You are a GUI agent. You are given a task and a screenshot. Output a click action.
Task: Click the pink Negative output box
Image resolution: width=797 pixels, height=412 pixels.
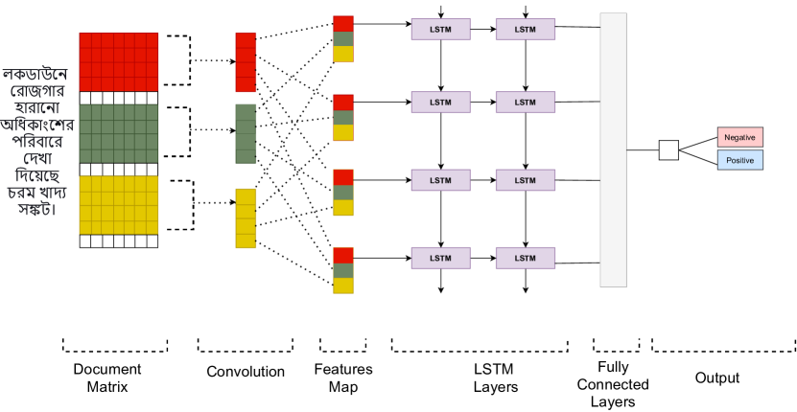click(739, 138)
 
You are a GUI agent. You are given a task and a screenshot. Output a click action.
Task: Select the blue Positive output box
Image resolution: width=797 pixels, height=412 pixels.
click(739, 160)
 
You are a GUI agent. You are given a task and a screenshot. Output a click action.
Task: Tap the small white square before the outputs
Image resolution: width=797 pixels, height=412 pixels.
click(668, 149)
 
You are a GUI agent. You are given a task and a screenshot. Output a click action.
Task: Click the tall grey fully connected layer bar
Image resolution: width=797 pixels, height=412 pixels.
click(614, 149)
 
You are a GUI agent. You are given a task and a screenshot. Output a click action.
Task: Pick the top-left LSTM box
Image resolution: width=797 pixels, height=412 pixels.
click(440, 30)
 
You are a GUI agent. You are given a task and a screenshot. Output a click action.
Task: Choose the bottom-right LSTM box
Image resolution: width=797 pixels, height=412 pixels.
click(526, 258)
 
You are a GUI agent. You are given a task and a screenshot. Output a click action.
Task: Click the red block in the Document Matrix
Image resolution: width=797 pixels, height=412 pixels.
click(118, 61)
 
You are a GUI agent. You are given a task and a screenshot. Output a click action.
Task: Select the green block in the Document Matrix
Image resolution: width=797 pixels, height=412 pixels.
click(118, 133)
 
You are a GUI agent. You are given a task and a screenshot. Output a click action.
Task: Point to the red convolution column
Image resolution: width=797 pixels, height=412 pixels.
click(246, 63)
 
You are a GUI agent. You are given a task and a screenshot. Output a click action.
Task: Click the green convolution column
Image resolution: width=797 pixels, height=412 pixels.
click(246, 133)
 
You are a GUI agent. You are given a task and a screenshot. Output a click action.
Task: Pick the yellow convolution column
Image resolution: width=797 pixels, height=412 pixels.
click(246, 217)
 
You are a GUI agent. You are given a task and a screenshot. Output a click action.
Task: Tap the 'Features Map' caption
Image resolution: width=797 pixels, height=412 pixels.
click(342, 377)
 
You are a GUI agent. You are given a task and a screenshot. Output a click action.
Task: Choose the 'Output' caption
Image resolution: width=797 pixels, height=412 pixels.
click(717, 378)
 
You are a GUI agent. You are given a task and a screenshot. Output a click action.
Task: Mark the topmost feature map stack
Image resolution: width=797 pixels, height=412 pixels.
click(343, 38)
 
